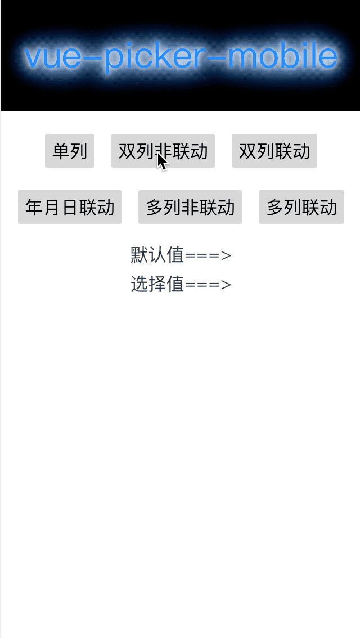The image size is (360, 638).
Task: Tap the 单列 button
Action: [70, 151]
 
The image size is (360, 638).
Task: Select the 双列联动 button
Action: [274, 151]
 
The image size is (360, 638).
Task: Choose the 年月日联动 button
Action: [70, 207]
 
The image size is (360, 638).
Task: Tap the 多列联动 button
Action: [301, 207]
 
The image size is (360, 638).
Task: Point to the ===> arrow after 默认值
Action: [208, 255]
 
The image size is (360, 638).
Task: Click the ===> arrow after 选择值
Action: [208, 285]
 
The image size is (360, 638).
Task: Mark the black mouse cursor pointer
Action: [161, 161]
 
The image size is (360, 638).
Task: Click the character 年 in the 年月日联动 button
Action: [34, 207]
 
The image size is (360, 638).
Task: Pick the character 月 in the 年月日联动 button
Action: [52, 207]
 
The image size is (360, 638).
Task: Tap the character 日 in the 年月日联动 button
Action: [69, 207]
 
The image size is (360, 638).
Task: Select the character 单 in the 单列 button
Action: [61, 151]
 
